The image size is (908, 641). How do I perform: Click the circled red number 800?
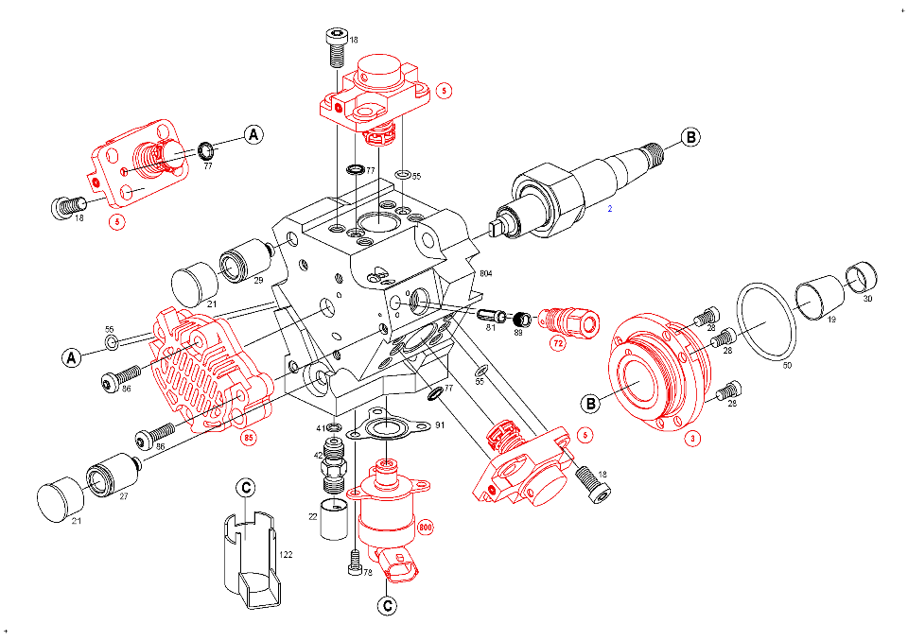(425, 529)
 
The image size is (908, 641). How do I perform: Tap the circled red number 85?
(249, 438)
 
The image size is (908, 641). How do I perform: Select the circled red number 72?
(558, 343)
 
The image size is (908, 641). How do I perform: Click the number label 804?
(487, 273)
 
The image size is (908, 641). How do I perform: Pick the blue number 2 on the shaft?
(610, 208)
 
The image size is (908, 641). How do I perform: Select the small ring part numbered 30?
(864, 277)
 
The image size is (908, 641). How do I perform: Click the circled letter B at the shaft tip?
(691, 137)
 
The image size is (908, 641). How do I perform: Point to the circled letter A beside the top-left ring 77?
(253, 135)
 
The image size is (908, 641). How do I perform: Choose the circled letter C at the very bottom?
(386, 605)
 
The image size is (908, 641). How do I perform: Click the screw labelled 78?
(354, 562)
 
